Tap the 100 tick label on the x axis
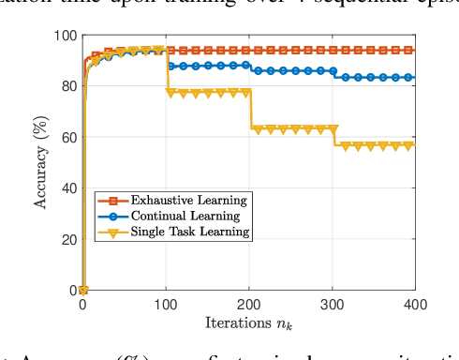[166, 304]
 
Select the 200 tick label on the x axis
[249, 304]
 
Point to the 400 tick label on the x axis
[414, 304]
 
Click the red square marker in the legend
[112, 200]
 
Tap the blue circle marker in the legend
[112, 216]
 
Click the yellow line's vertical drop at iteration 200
[250, 109]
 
